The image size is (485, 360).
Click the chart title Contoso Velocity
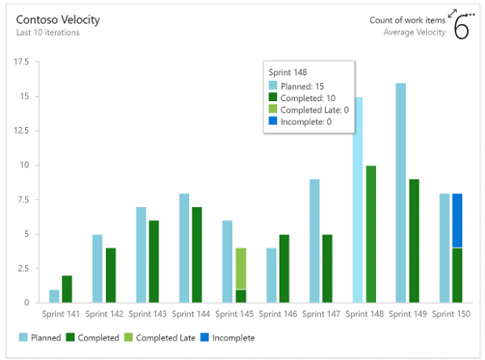(53, 19)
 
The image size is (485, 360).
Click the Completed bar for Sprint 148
(371, 234)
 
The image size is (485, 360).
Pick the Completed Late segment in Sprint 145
(240, 268)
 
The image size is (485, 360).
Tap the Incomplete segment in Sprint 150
(457, 220)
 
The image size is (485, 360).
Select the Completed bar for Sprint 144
(197, 254)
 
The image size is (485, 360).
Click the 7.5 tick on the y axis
(23, 199)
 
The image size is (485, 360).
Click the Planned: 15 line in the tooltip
(304, 85)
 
